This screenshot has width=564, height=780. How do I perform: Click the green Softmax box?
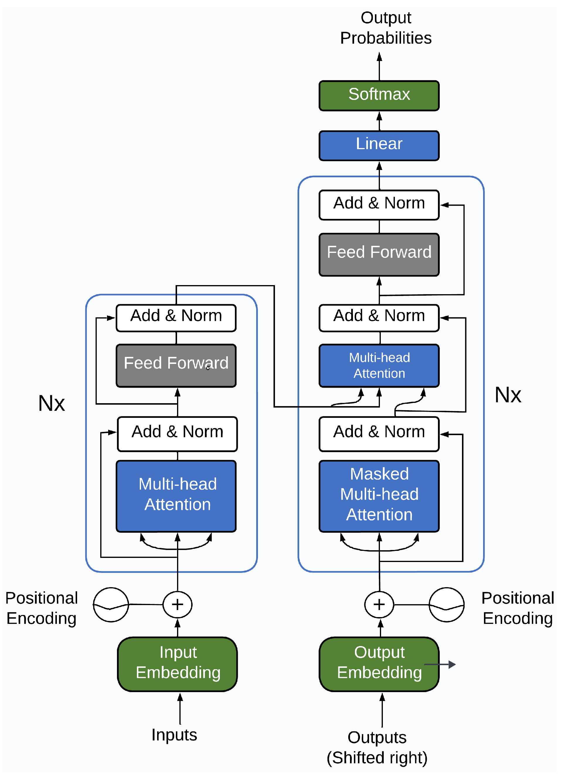pyautogui.click(x=379, y=96)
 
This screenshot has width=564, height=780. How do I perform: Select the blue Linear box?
pyautogui.click(x=379, y=145)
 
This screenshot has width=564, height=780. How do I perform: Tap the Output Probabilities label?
pyautogui.click(x=385, y=28)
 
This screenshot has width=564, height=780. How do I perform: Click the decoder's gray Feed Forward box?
pyautogui.click(x=379, y=255)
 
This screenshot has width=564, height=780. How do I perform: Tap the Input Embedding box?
pyautogui.click(x=177, y=664)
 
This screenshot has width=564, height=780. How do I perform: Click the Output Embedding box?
pyautogui.click(x=379, y=664)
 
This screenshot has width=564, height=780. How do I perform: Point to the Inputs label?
pyautogui.click(x=174, y=735)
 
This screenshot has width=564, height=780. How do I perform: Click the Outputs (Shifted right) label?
pyautogui.click(x=377, y=747)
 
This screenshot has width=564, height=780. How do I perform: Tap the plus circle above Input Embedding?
pyautogui.click(x=177, y=604)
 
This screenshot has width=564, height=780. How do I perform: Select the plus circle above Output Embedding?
pyautogui.click(x=379, y=604)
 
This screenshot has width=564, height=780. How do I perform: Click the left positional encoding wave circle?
pyautogui.click(x=111, y=604)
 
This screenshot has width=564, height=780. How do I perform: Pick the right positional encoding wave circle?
pyautogui.click(x=446, y=604)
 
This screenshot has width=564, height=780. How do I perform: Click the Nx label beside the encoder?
pyautogui.click(x=51, y=403)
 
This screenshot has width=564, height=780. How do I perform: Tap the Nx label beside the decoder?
pyautogui.click(x=507, y=394)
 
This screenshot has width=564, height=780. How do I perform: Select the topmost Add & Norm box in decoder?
pyautogui.click(x=379, y=205)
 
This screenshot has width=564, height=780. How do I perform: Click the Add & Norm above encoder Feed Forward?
pyautogui.click(x=176, y=318)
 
